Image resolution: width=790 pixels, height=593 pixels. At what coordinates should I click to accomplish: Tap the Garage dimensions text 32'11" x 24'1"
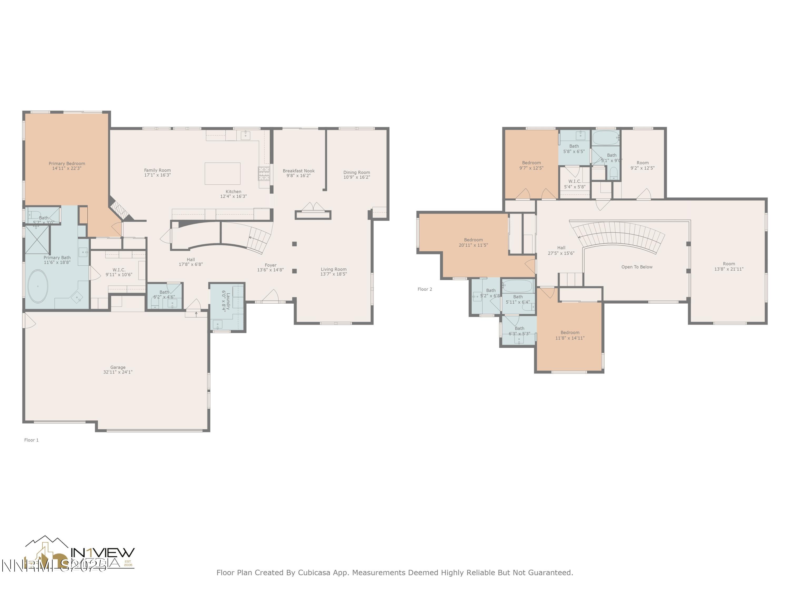tap(118, 372)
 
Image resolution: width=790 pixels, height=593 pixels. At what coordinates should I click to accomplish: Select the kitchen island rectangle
tap(222, 173)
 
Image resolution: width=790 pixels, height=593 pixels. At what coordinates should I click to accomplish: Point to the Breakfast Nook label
tap(299, 171)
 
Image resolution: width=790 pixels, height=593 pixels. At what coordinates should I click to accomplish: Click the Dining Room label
tap(357, 172)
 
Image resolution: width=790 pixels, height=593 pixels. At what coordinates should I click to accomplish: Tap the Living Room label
tap(333, 269)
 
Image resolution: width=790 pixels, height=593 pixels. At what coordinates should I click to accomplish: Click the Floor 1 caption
tap(31, 440)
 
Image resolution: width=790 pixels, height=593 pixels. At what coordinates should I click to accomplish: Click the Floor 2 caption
tap(425, 289)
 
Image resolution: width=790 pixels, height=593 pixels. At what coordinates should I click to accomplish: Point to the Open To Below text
tap(636, 267)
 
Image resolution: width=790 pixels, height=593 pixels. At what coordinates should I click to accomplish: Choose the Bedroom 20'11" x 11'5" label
tap(473, 242)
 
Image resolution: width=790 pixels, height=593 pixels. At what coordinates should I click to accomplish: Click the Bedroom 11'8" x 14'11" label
tap(570, 335)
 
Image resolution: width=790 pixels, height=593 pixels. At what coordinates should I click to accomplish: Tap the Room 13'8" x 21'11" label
tap(729, 266)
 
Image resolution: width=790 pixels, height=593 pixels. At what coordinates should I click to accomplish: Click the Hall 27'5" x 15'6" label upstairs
tap(561, 250)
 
